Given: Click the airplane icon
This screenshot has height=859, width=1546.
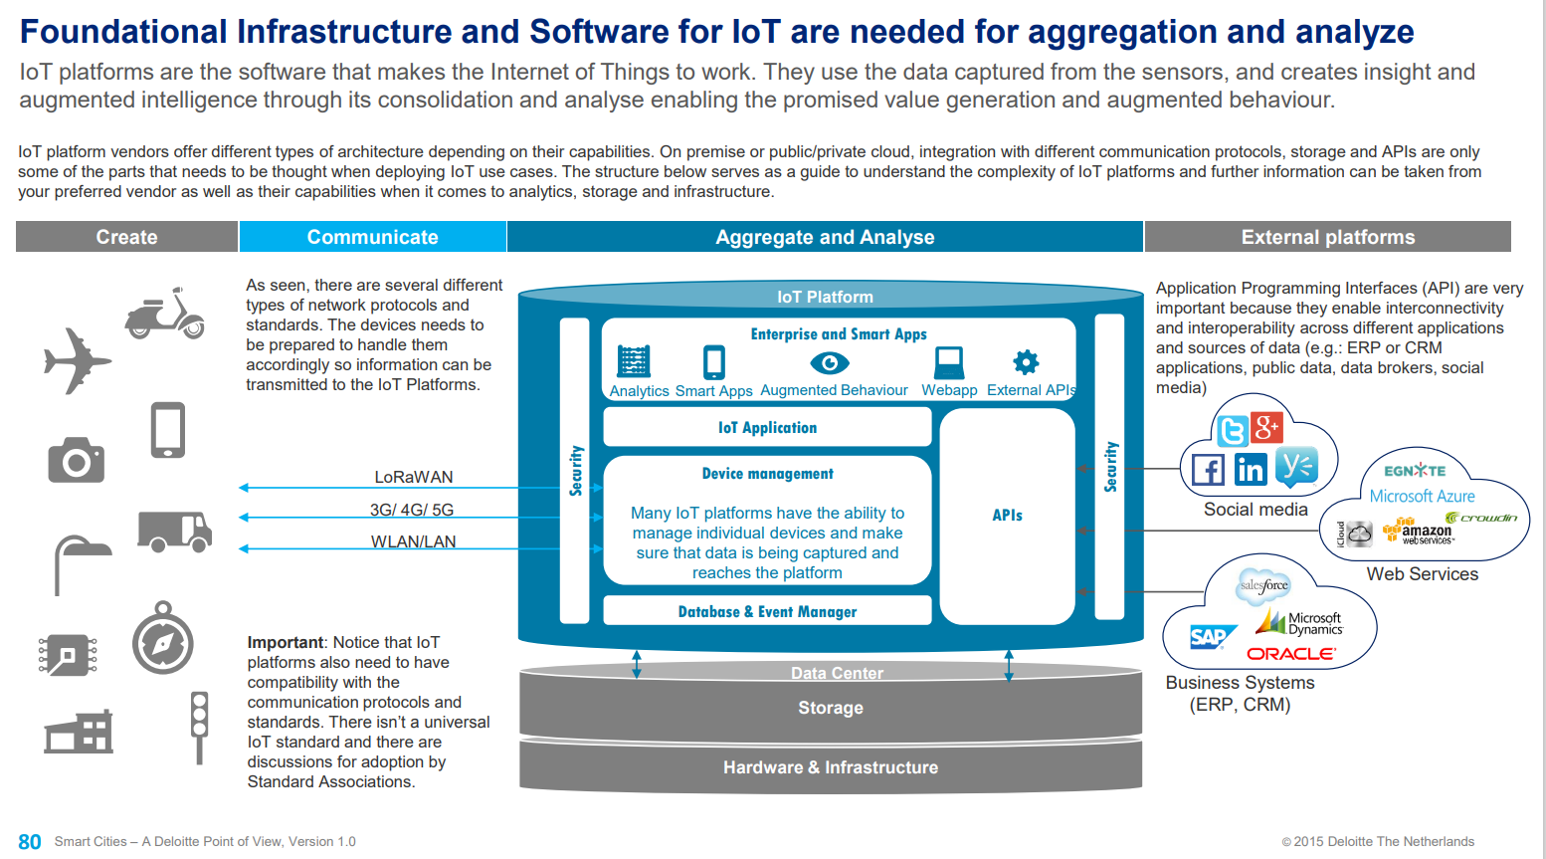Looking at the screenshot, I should pos(77,360).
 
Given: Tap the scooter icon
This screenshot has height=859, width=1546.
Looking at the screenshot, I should pos(165,314).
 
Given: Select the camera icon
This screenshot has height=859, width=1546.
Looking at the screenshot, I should pos(77,460).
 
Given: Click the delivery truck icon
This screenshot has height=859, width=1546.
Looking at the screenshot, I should pos(174,532).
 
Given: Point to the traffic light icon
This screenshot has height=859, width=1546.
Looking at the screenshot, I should pos(199,725).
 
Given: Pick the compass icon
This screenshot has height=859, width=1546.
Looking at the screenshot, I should pos(162,639).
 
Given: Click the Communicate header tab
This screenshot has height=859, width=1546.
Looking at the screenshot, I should pos(372,237).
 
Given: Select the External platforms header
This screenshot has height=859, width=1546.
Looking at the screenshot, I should pos(1327,237).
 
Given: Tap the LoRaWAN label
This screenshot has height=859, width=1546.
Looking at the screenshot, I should pos(413,477).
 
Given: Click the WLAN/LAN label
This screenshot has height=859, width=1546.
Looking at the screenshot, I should pos(413,541).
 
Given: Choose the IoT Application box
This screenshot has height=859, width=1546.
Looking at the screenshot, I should pos(767,427).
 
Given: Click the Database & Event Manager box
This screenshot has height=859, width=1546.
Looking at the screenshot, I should pos(767,611).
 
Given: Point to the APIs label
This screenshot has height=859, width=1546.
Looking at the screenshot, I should pos(1007,515).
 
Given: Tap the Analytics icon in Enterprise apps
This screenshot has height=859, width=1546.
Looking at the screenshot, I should pos(634,360).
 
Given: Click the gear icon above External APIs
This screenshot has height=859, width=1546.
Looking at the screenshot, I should pos(1026,361).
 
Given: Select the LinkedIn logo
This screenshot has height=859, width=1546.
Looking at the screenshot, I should pos(1251,469).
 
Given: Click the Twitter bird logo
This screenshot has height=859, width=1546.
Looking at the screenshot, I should pos(1233,431).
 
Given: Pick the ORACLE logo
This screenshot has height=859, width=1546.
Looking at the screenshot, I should pos(1291,654).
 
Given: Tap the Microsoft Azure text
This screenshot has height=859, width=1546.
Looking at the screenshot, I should pos(1422,496).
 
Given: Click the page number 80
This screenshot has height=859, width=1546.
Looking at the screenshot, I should pos(30,842).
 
